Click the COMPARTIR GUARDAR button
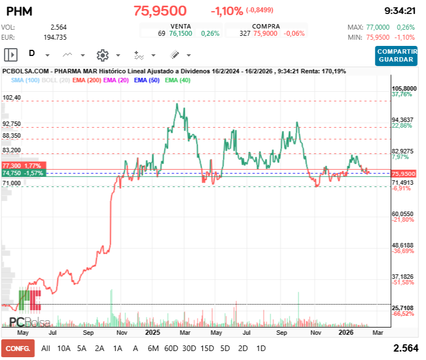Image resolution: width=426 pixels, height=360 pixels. coord(397,55)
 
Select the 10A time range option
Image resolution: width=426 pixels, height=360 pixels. coord(64,348)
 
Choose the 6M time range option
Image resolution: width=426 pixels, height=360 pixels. coord(153,348)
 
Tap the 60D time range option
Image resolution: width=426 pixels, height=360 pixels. coord(171,348)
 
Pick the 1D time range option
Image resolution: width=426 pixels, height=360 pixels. coord(261,348)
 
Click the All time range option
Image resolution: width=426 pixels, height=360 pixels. coord(46,348)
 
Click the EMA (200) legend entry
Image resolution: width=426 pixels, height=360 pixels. coord(86,80)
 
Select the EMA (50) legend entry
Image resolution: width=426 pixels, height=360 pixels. coord(146,80)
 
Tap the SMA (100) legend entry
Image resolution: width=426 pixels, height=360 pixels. coord(25,80)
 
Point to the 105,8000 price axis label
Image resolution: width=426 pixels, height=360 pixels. coord(404,88)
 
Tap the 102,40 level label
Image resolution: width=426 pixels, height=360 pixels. coord(12,97)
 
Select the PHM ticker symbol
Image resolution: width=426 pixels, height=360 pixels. coord(20,11)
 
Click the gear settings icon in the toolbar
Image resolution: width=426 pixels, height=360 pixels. coord(102,55)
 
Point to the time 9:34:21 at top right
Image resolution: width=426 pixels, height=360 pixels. coord(399,11)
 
